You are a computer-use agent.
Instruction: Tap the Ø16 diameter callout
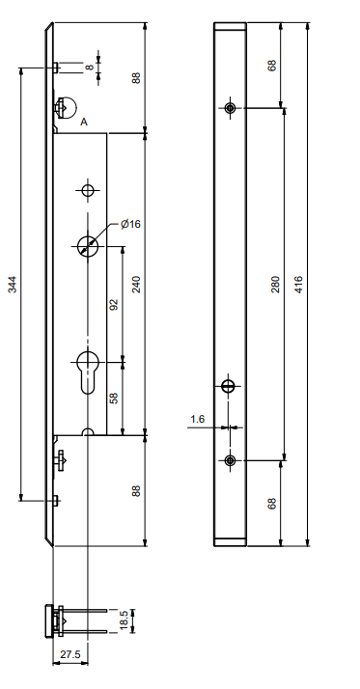(x=131, y=224)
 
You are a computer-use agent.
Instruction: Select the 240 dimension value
(x=137, y=284)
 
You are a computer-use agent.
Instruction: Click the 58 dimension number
(x=114, y=397)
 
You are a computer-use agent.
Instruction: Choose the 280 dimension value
(x=276, y=284)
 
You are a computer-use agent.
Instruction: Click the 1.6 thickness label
(x=198, y=419)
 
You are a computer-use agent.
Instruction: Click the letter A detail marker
(x=85, y=123)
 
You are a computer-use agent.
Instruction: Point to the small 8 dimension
(x=90, y=68)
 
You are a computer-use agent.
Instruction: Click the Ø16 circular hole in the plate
(x=89, y=246)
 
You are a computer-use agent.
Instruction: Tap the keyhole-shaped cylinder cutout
(x=88, y=369)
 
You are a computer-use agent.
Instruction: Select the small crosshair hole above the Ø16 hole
(x=88, y=190)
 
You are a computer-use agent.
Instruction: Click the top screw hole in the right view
(x=230, y=107)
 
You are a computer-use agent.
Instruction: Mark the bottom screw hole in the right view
(x=230, y=459)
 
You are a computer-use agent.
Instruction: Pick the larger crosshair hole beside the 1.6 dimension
(x=229, y=388)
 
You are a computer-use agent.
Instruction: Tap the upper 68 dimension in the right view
(x=273, y=66)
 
